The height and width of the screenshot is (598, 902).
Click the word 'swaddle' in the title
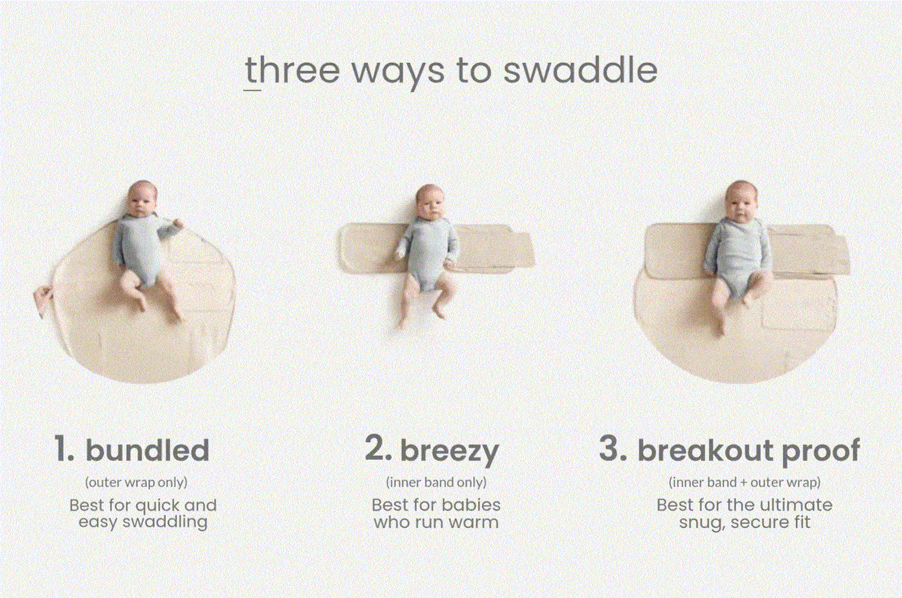[x=581, y=70]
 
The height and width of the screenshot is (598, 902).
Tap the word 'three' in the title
[x=293, y=70]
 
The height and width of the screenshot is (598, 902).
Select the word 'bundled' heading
[x=148, y=450]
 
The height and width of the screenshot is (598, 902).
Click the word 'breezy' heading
[x=450, y=452]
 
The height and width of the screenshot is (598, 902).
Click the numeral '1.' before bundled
[x=64, y=448]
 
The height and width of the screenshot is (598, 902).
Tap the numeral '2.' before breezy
[x=378, y=448]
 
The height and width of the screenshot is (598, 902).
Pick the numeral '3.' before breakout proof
[x=613, y=448]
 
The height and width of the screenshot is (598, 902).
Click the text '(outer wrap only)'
[x=136, y=483]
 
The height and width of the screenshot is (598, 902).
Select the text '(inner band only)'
[x=436, y=483]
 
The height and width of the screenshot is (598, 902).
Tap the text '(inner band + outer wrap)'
[x=744, y=483]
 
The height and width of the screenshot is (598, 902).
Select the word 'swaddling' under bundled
[x=165, y=523]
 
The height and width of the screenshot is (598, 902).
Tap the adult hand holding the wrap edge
[x=43, y=300]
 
